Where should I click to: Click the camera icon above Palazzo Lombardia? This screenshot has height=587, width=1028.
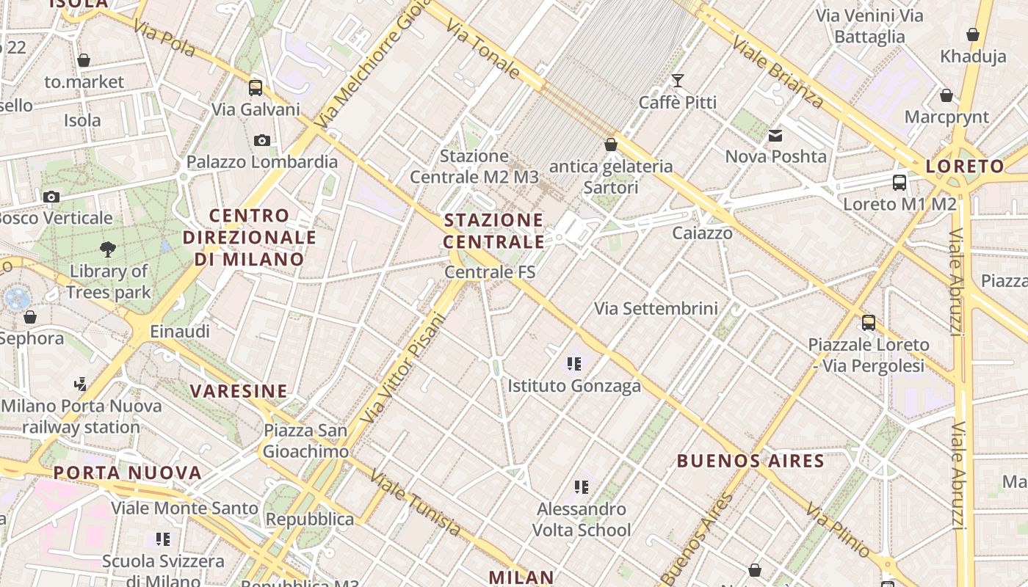pyautogui.click(x=262, y=140)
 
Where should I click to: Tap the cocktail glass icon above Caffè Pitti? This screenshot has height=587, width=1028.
pyautogui.click(x=677, y=80)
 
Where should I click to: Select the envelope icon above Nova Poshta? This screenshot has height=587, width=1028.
pyautogui.click(x=775, y=136)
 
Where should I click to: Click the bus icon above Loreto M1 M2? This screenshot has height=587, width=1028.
pyautogui.click(x=899, y=183)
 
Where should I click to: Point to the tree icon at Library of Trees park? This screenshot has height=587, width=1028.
pyautogui.click(x=108, y=249)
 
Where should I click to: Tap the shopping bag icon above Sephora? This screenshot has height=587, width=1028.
pyautogui.click(x=30, y=317)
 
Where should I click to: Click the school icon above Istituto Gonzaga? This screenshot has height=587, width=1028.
pyautogui.click(x=574, y=363)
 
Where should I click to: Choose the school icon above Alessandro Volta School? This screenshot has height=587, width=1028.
pyautogui.click(x=582, y=486)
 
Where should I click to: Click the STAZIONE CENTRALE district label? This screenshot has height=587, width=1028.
pyautogui.click(x=494, y=230)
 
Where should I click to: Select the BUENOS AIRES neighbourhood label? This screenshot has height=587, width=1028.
pyautogui.click(x=750, y=461)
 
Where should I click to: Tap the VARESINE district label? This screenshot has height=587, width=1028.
pyautogui.click(x=239, y=390)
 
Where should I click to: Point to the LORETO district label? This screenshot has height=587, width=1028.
pyautogui.click(x=965, y=166)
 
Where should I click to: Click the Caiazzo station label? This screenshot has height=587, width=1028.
pyautogui.click(x=703, y=233)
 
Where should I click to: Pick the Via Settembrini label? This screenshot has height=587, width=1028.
pyautogui.click(x=656, y=308)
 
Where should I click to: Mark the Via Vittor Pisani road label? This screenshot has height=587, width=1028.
pyautogui.click(x=403, y=368)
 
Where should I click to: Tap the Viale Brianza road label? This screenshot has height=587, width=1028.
pyautogui.click(x=777, y=71)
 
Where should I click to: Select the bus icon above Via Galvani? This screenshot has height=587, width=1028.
pyautogui.click(x=256, y=88)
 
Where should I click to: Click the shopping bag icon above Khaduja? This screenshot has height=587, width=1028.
pyautogui.click(x=973, y=34)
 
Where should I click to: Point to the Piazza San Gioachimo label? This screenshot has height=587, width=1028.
pyautogui.click(x=305, y=440)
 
